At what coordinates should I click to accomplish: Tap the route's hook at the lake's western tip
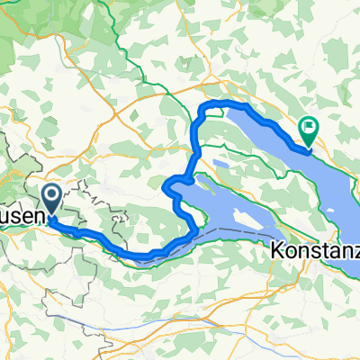point(169,187)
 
